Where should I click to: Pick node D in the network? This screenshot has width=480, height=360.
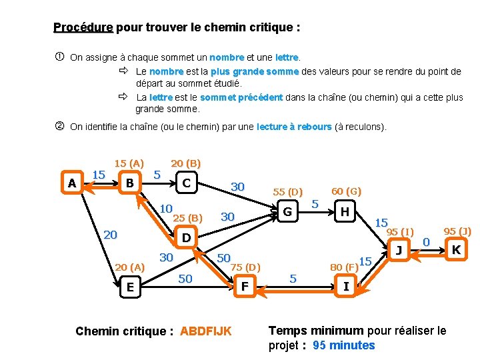pyautogui.click(x=187, y=238)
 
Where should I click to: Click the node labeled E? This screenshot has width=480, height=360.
pyautogui.click(x=130, y=287)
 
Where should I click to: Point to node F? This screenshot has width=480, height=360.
pyautogui.click(x=245, y=287)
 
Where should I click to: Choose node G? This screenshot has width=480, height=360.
pyautogui.click(x=288, y=212)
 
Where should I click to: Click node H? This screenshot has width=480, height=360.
pyautogui.click(x=345, y=212)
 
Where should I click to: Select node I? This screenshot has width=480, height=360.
pyautogui.click(x=345, y=287)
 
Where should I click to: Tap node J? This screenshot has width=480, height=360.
pyautogui.click(x=399, y=250)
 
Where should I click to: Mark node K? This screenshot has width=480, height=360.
pyautogui.click(x=456, y=250)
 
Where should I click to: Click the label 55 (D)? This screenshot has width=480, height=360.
pyautogui.click(x=287, y=192)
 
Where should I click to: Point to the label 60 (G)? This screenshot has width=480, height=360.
pyautogui.click(x=346, y=191)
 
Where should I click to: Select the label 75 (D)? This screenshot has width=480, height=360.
pyautogui.click(x=245, y=267)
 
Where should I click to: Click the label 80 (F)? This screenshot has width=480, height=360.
pyautogui.click(x=344, y=268)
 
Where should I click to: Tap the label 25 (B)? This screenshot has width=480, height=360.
pyautogui.click(x=187, y=218)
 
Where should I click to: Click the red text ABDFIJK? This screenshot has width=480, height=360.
pyautogui.click(x=206, y=331)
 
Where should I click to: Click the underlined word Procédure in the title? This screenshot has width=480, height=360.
pyautogui.click(x=83, y=27)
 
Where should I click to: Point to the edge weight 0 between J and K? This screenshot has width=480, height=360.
pyautogui.click(x=427, y=241)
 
